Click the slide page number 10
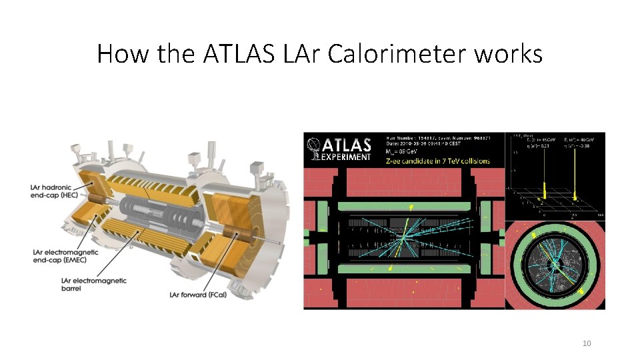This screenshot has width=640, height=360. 587,343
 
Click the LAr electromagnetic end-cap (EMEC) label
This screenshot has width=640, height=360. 65,257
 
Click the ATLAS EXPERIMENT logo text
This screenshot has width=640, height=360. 345,148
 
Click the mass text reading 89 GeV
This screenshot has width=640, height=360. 413,152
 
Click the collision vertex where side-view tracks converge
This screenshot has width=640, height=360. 403,237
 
